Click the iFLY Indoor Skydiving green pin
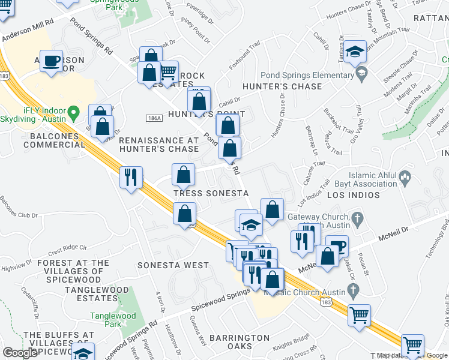(73, 112)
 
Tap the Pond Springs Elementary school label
(307, 76)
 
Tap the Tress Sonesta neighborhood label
(211, 193)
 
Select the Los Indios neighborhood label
(354, 195)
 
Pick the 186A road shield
(155, 118)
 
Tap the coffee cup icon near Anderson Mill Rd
(52, 61)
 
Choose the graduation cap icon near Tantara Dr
(356, 52)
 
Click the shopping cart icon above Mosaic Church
(360, 314)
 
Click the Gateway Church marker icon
(358, 217)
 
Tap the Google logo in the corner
(20, 353)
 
